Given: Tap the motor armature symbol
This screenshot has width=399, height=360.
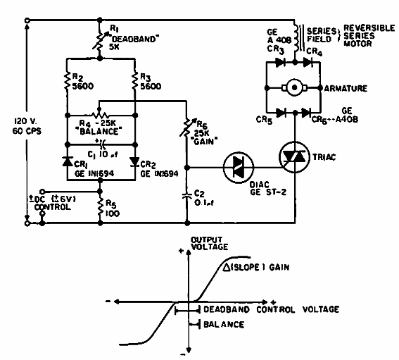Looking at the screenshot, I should coord(291,89).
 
